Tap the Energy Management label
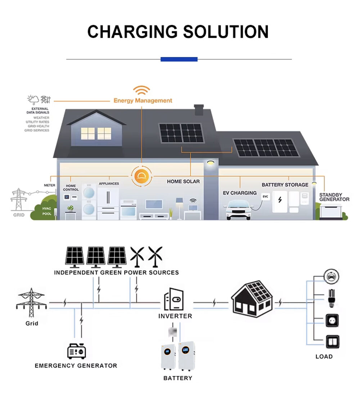click(143, 100)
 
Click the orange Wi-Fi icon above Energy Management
click(141, 90)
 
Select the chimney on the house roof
click(199, 110)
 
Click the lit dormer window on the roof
click(96, 133)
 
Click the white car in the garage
click(238, 211)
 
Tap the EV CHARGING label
click(240, 193)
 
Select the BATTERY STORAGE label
click(285, 185)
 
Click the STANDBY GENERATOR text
click(334, 197)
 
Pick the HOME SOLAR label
click(183, 181)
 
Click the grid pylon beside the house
click(19, 200)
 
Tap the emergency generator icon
click(77, 351)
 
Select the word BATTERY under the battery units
click(178, 378)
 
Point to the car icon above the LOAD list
click(332, 276)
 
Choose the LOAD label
click(324, 356)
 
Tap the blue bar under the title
click(179, 59)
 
